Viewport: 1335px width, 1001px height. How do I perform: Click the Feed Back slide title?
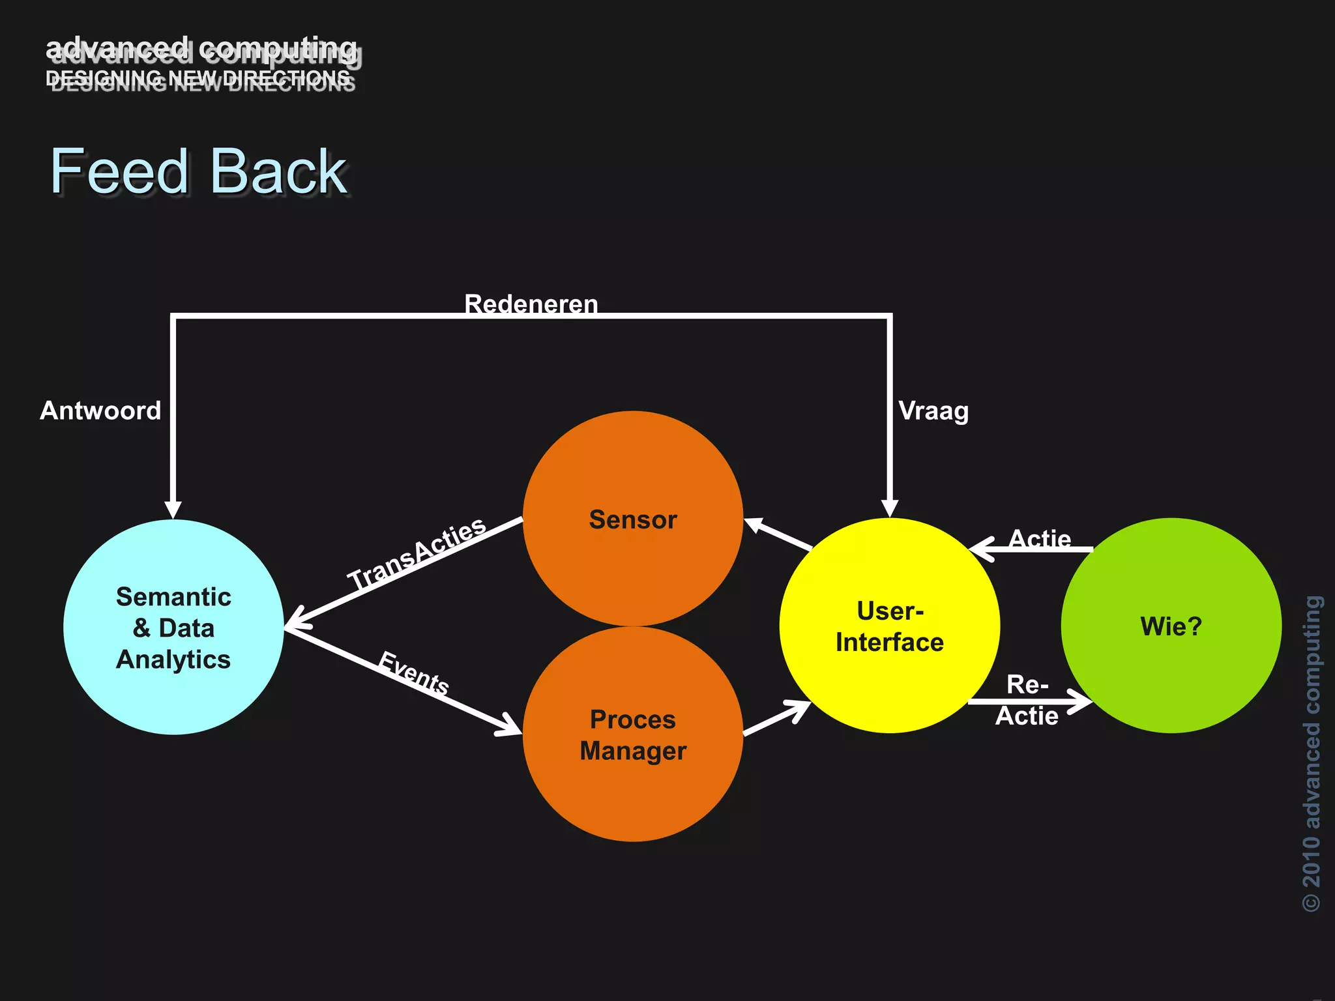[x=199, y=171]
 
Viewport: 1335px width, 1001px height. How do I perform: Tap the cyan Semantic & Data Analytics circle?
[x=173, y=627]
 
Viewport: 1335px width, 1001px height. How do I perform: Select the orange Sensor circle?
[x=633, y=519]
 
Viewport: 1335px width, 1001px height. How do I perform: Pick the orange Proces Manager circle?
[x=633, y=734]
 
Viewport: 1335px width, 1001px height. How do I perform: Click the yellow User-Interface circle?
[x=890, y=626]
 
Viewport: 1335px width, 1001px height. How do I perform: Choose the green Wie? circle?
[x=1171, y=626]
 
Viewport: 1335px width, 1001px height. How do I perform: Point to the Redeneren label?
[x=531, y=304]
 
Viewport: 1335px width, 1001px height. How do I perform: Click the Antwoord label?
[x=100, y=411]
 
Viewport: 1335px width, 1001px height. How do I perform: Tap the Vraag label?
[x=933, y=411]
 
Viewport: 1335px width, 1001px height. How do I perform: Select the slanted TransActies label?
[x=417, y=553]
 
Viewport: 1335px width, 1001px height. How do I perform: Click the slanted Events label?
[x=414, y=674]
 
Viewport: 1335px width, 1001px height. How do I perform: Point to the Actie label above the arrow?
[x=1040, y=538]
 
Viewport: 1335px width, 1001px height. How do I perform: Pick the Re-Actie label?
[x=1027, y=701]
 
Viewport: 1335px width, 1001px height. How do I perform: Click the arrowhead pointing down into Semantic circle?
[x=173, y=509]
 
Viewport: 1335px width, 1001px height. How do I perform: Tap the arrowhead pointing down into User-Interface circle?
[x=890, y=508]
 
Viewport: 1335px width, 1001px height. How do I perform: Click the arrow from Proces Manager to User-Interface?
[x=777, y=718]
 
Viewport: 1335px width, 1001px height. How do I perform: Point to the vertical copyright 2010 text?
[x=1312, y=753]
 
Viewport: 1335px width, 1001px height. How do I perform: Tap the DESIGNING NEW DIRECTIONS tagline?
[x=199, y=80]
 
